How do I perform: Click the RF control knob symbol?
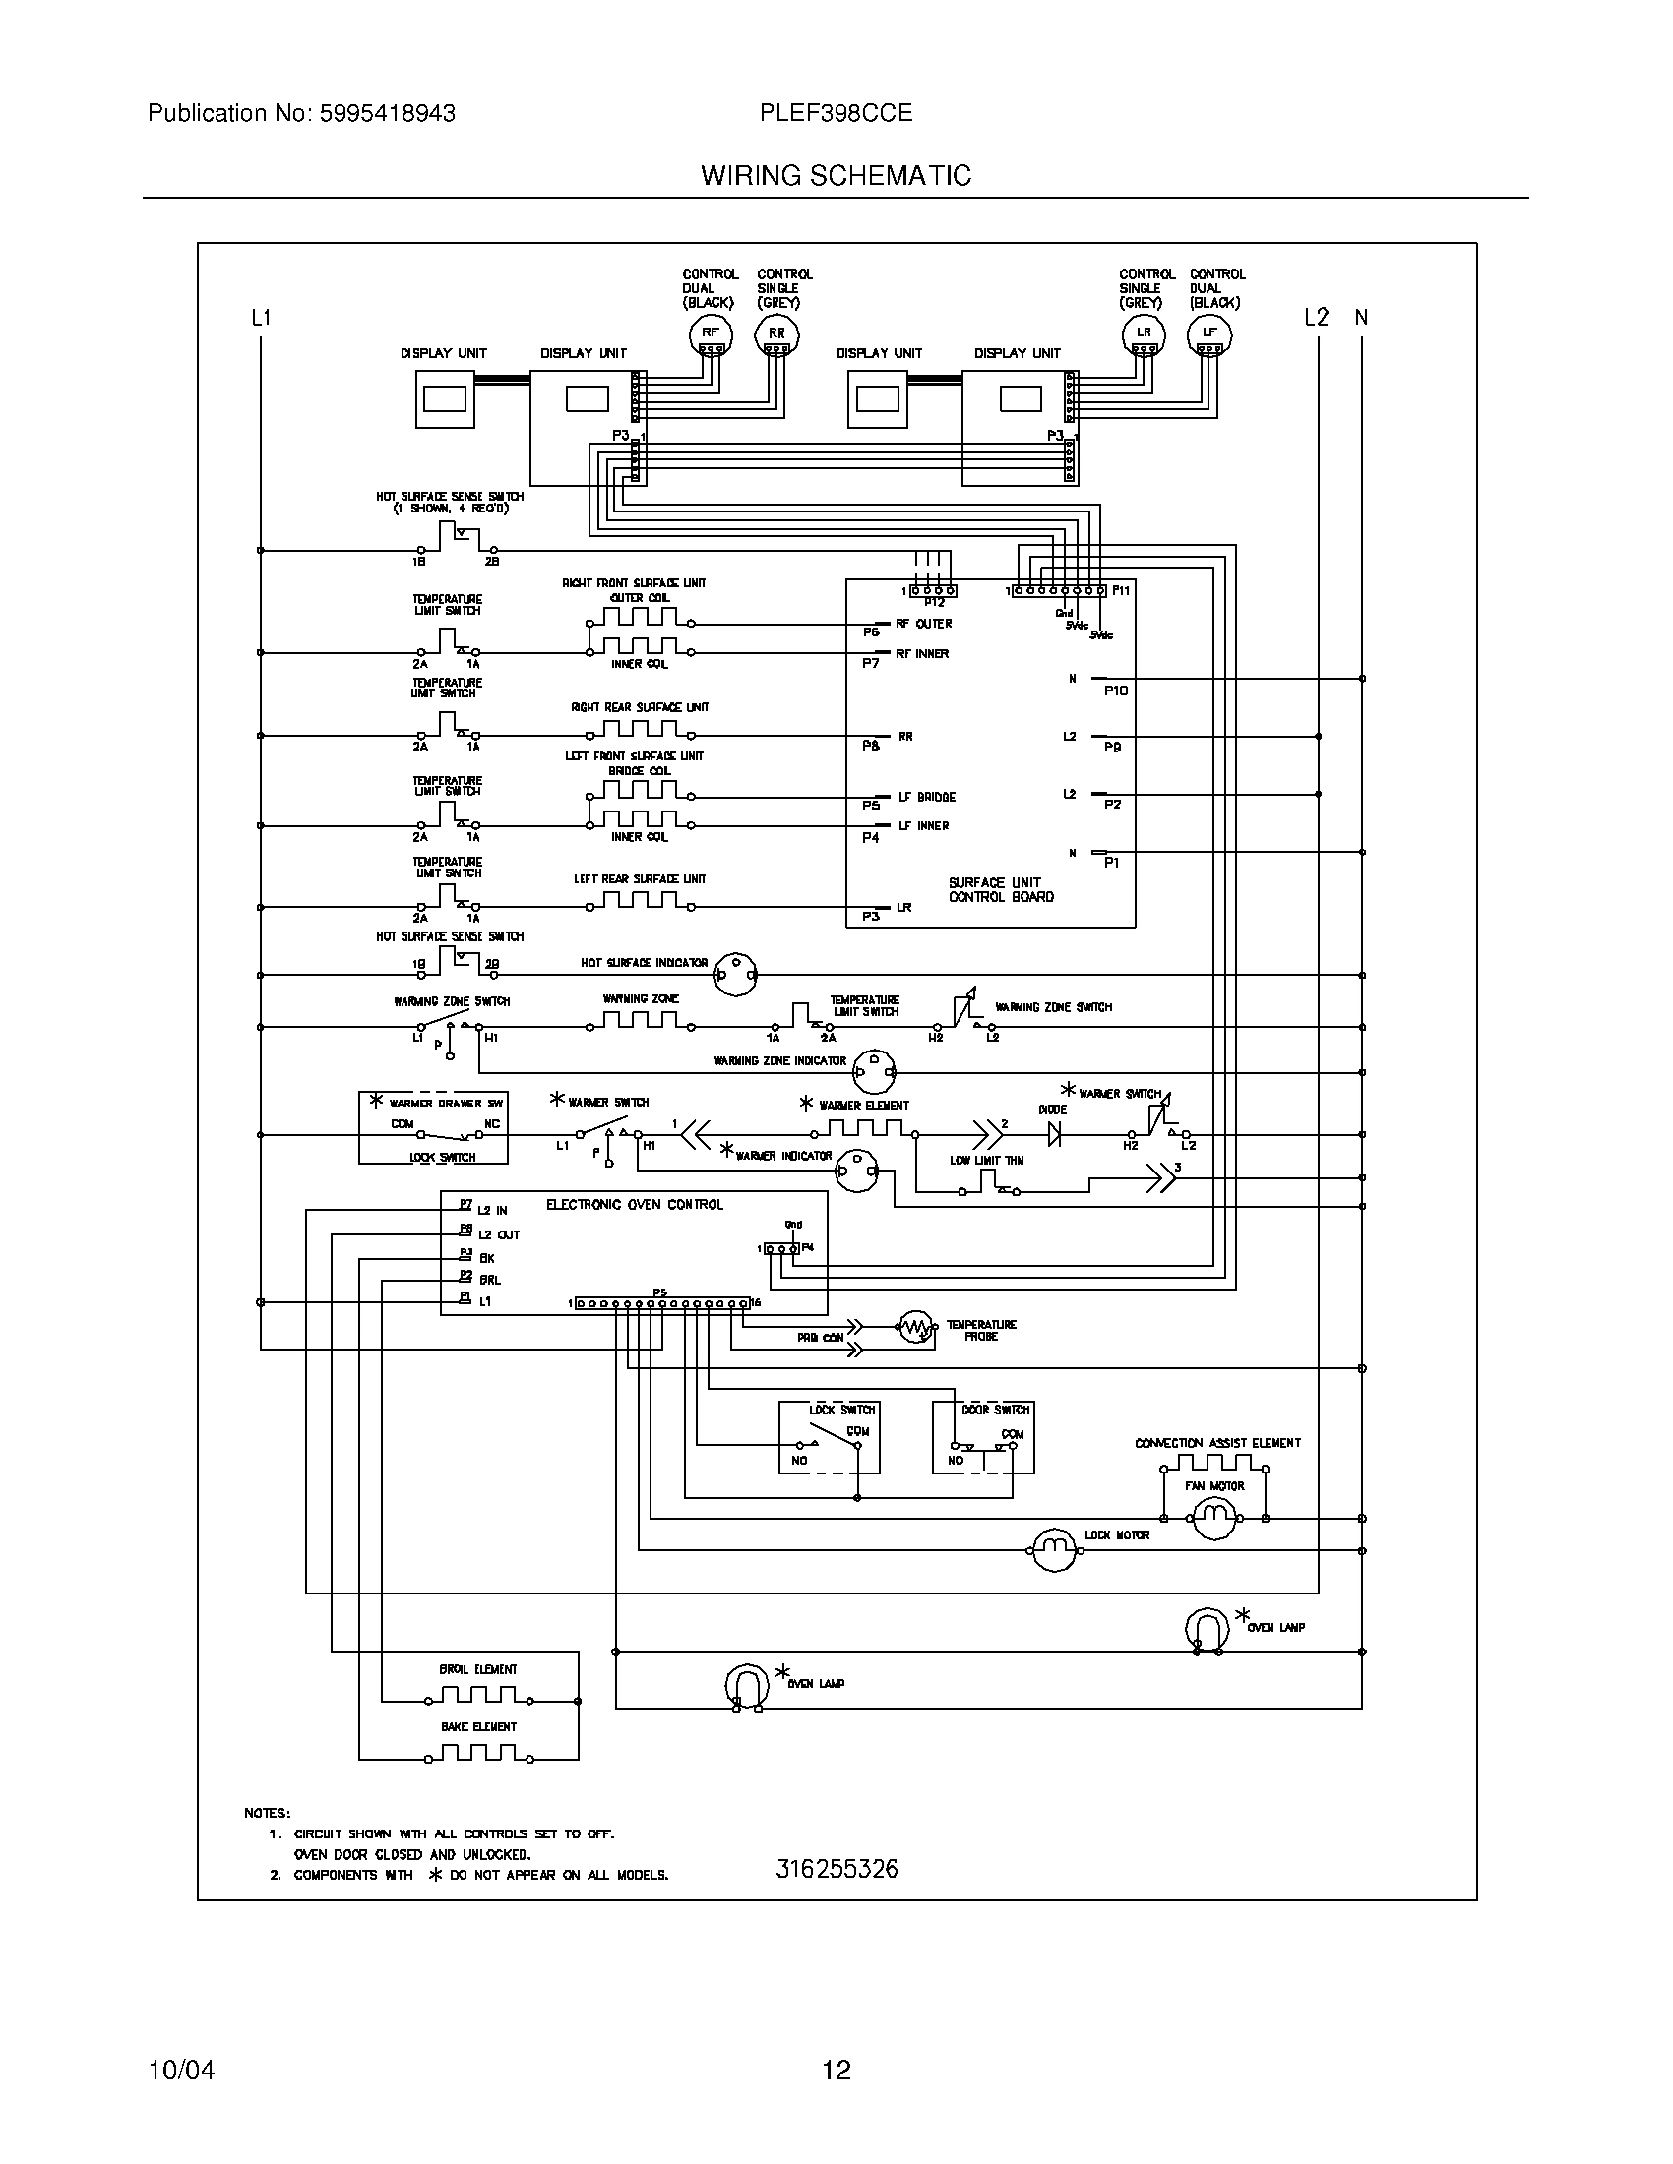[710, 335]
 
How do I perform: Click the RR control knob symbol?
[776, 335]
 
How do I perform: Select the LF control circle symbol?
[1210, 335]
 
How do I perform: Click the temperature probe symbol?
[917, 1327]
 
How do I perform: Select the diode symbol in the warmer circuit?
[1055, 1134]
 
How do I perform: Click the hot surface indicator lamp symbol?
[736, 974]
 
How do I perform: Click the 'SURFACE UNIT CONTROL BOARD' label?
[1001, 889]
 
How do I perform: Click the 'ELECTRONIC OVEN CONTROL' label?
[635, 1205]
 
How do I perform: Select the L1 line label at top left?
[261, 318]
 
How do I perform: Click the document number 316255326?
[836, 1869]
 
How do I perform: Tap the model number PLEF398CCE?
[836, 113]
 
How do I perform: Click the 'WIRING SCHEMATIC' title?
[836, 175]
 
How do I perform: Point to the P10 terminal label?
[1116, 691]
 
